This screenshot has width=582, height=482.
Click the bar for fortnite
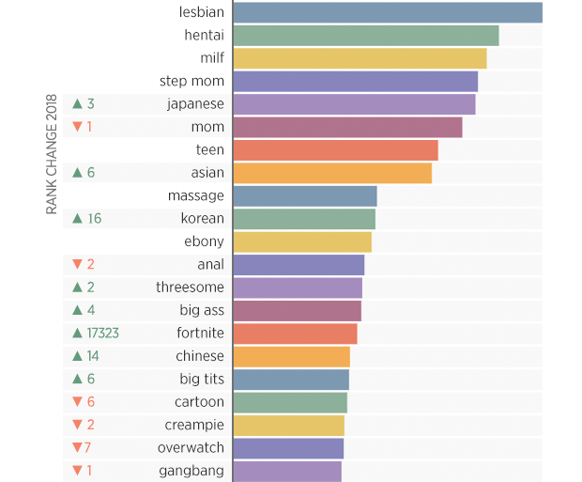[x=295, y=334]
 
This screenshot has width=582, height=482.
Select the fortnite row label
[x=201, y=334]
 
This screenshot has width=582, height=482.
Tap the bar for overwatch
[x=288, y=448]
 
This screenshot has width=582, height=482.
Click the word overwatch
[x=191, y=448]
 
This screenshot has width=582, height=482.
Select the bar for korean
[x=304, y=219]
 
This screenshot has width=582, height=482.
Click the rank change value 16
[x=94, y=219]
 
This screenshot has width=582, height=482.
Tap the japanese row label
[x=195, y=104]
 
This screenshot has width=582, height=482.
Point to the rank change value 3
[x=91, y=104]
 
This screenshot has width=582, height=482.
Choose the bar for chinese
[x=291, y=357]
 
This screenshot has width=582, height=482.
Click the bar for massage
[x=305, y=195]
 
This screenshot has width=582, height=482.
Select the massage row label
[x=196, y=195]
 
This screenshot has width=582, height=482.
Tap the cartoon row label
[x=200, y=402]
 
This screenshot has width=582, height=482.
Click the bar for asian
[x=332, y=173]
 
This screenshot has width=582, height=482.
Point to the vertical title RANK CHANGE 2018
[x=53, y=155]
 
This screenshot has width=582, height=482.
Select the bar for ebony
[x=302, y=241]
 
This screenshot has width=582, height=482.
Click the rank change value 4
[x=91, y=310]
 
